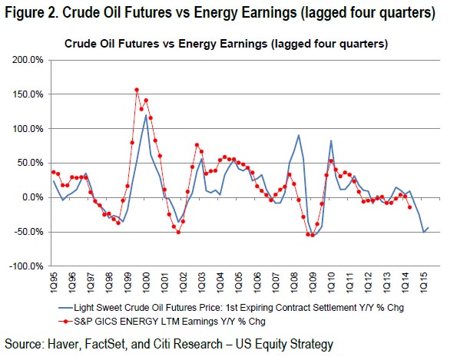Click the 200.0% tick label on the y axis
[28, 61]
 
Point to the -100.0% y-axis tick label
[26, 266]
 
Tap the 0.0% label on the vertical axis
[32, 198]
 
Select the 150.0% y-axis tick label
[28, 94]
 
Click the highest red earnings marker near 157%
[137, 90]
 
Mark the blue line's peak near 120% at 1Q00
[146, 115]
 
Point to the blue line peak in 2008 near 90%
[299, 135]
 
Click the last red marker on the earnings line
[409, 207]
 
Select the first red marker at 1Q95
[54, 172]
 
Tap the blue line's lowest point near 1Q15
[423, 233]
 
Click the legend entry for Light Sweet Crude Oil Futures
[231, 308]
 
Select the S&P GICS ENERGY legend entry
[162, 322]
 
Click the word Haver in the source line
[63, 345]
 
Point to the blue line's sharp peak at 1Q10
[331, 140]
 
